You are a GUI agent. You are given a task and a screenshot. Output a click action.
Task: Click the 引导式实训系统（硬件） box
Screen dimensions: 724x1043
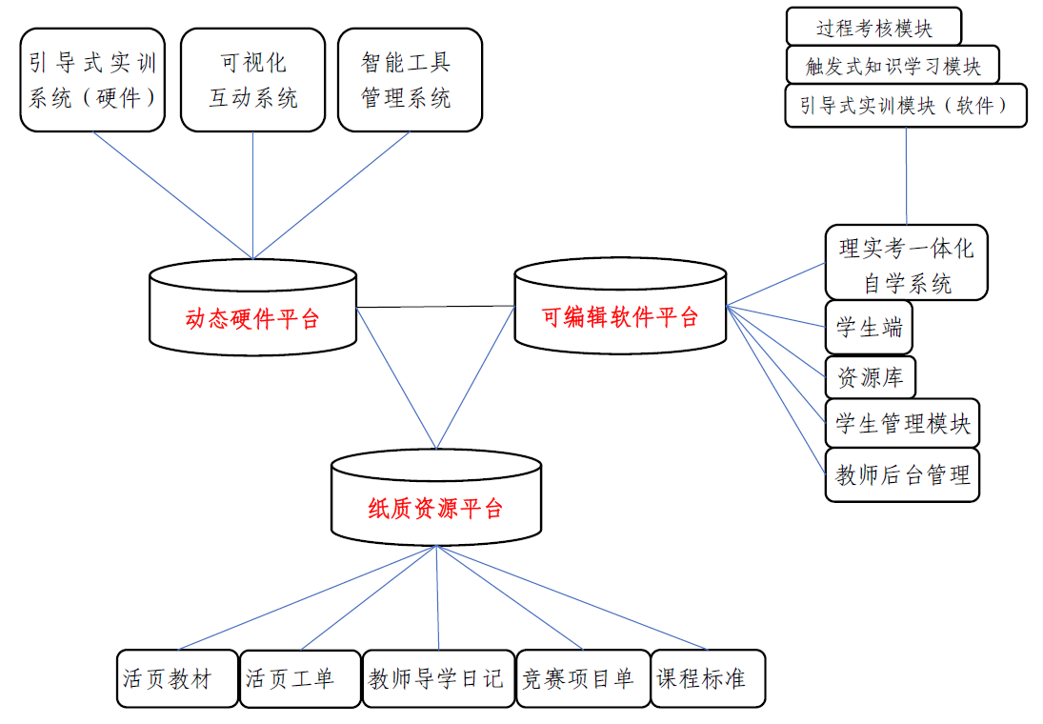92,80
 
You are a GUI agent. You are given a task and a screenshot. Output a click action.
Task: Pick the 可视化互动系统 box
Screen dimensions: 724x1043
252,80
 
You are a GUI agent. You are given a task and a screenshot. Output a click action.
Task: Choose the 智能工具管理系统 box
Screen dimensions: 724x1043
410,80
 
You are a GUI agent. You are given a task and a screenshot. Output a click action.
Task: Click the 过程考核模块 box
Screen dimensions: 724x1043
873,27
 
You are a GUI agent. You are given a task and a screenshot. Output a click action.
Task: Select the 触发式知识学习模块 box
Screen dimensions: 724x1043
893,66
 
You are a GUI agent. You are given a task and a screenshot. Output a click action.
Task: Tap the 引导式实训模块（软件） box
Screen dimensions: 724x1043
906,106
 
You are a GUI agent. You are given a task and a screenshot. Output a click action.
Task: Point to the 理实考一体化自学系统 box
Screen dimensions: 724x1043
906,263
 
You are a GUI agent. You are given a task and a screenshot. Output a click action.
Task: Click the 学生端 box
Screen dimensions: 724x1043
868,328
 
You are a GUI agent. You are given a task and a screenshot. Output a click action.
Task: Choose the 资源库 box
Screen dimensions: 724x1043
870,376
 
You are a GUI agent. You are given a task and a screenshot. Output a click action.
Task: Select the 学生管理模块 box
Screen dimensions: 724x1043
901,423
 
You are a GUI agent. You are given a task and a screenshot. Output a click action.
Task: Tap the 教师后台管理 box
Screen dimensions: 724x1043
901,474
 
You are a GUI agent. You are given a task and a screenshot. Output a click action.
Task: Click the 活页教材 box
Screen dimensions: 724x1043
177,678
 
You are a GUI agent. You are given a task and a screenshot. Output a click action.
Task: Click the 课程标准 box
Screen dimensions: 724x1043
708,678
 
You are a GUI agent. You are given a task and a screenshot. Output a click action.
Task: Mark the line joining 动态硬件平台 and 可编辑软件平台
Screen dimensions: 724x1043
435,307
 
